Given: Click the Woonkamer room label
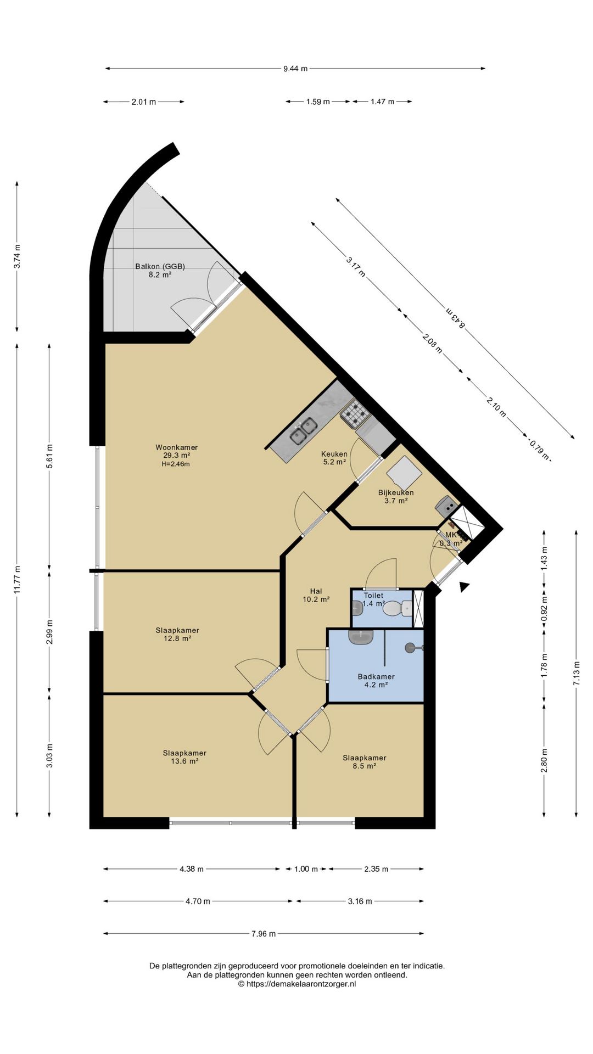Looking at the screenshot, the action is (176, 447).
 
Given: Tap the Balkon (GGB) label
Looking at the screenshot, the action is (160, 267).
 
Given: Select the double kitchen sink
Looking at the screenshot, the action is (303, 431).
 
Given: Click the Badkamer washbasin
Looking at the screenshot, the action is (361, 637).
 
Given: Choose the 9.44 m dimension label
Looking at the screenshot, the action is (295, 69).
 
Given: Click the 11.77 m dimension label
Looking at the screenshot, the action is (18, 579).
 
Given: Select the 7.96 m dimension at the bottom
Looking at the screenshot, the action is (264, 934).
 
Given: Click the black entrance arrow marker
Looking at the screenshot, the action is (465, 587).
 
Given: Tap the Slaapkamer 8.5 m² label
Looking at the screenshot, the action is (365, 762).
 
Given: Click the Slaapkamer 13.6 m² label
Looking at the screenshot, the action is (184, 757).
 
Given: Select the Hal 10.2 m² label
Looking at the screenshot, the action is (316, 596).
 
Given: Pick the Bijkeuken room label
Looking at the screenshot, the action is (396, 492).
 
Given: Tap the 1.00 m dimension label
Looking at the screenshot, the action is (306, 869).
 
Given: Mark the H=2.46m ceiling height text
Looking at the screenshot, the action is (176, 464).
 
